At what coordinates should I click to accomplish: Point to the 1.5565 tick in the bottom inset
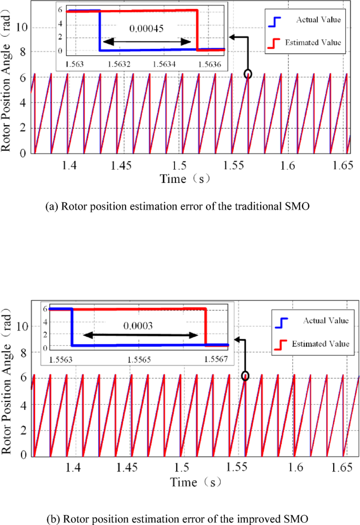[x=138, y=359]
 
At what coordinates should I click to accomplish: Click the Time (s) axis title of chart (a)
[x=185, y=179]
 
